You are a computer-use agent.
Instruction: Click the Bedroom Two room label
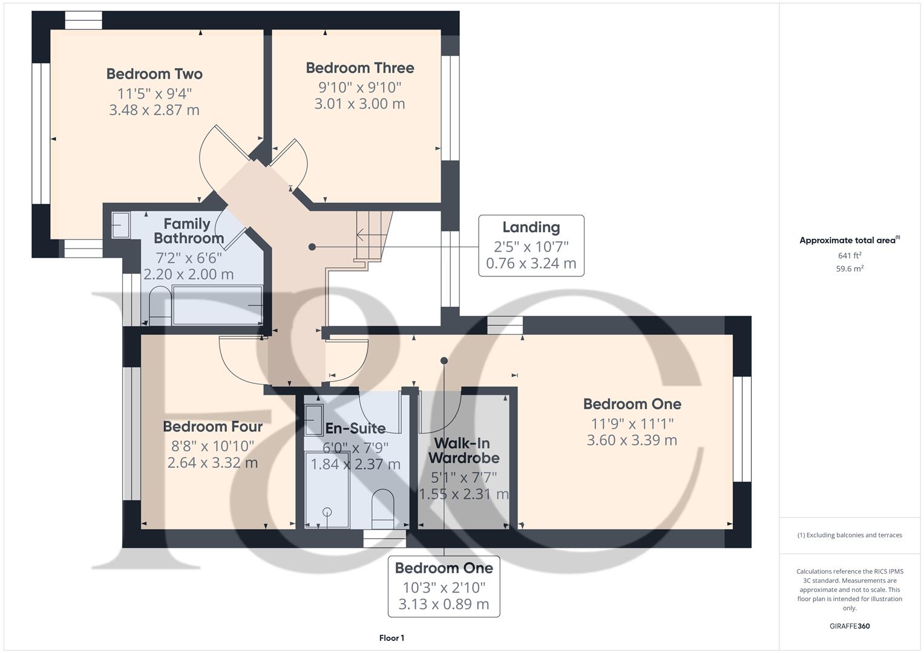click(154, 74)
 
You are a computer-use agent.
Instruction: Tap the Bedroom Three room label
click(359, 68)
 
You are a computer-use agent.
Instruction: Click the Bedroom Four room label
click(212, 426)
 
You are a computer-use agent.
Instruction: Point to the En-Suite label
click(355, 428)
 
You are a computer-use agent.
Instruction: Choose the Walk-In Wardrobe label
click(464, 450)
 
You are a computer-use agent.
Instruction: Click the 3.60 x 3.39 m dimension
click(632, 440)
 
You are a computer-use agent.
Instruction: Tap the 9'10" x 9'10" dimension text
click(359, 87)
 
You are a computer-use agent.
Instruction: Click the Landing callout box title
click(531, 227)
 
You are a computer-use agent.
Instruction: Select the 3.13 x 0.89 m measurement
click(444, 604)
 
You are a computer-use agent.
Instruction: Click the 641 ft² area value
click(850, 255)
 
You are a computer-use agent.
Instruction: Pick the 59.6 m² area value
click(850, 269)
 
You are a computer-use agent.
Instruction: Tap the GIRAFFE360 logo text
click(850, 626)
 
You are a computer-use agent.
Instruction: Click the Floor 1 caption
click(392, 638)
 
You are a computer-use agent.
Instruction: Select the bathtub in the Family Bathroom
click(217, 305)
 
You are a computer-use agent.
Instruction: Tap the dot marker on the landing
click(312, 247)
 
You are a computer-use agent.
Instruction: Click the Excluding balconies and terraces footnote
click(850, 535)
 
